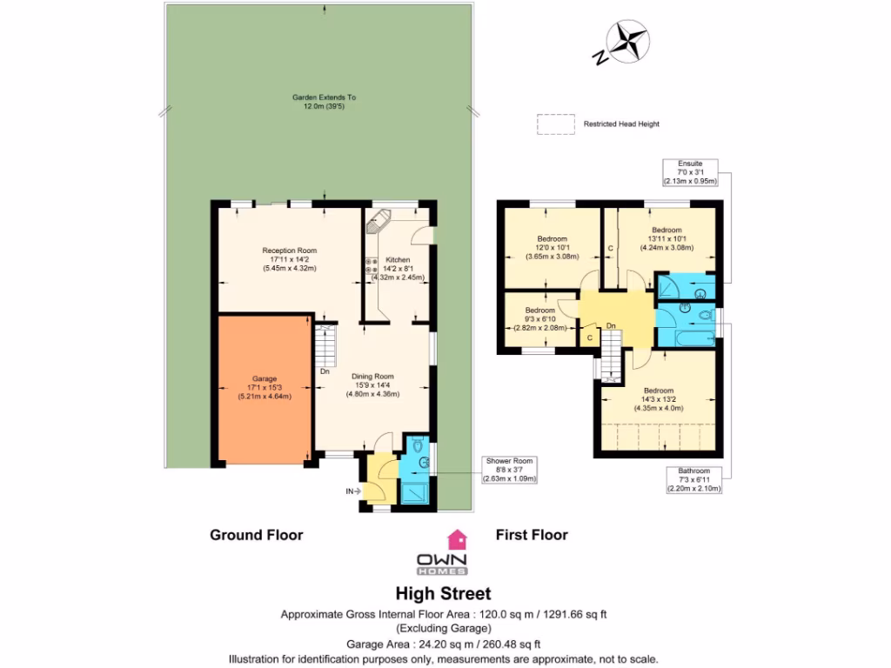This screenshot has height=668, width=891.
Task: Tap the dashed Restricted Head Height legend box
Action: pyautogui.click(x=554, y=124)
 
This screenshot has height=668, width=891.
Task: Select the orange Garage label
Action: pyautogui.click(x=264, y=387)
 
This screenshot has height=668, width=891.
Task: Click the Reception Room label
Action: pyautogui.click(x=290, y=259)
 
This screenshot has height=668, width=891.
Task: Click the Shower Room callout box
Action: pyautogui.click(x=510, y=470)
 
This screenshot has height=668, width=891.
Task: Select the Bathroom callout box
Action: pyautogui.click(x=693, y=480)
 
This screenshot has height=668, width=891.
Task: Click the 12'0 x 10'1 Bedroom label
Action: pyautogui.click(x=552, y=248)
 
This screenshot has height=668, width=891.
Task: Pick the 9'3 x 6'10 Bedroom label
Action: pyautogui.click(x=539, y=318)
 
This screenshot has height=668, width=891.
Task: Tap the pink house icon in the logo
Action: pyautogui.click(x=456, y=538)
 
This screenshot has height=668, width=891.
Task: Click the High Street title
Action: pyautogui.click(x=443, y=594)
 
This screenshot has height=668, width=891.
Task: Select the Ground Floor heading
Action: pyautogui.click(x=256, y=535)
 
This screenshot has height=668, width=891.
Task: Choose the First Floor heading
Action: pyautogui.click(x=531, y=535)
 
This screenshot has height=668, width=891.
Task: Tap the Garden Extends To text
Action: pyautogui.click(x=324, y=102)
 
